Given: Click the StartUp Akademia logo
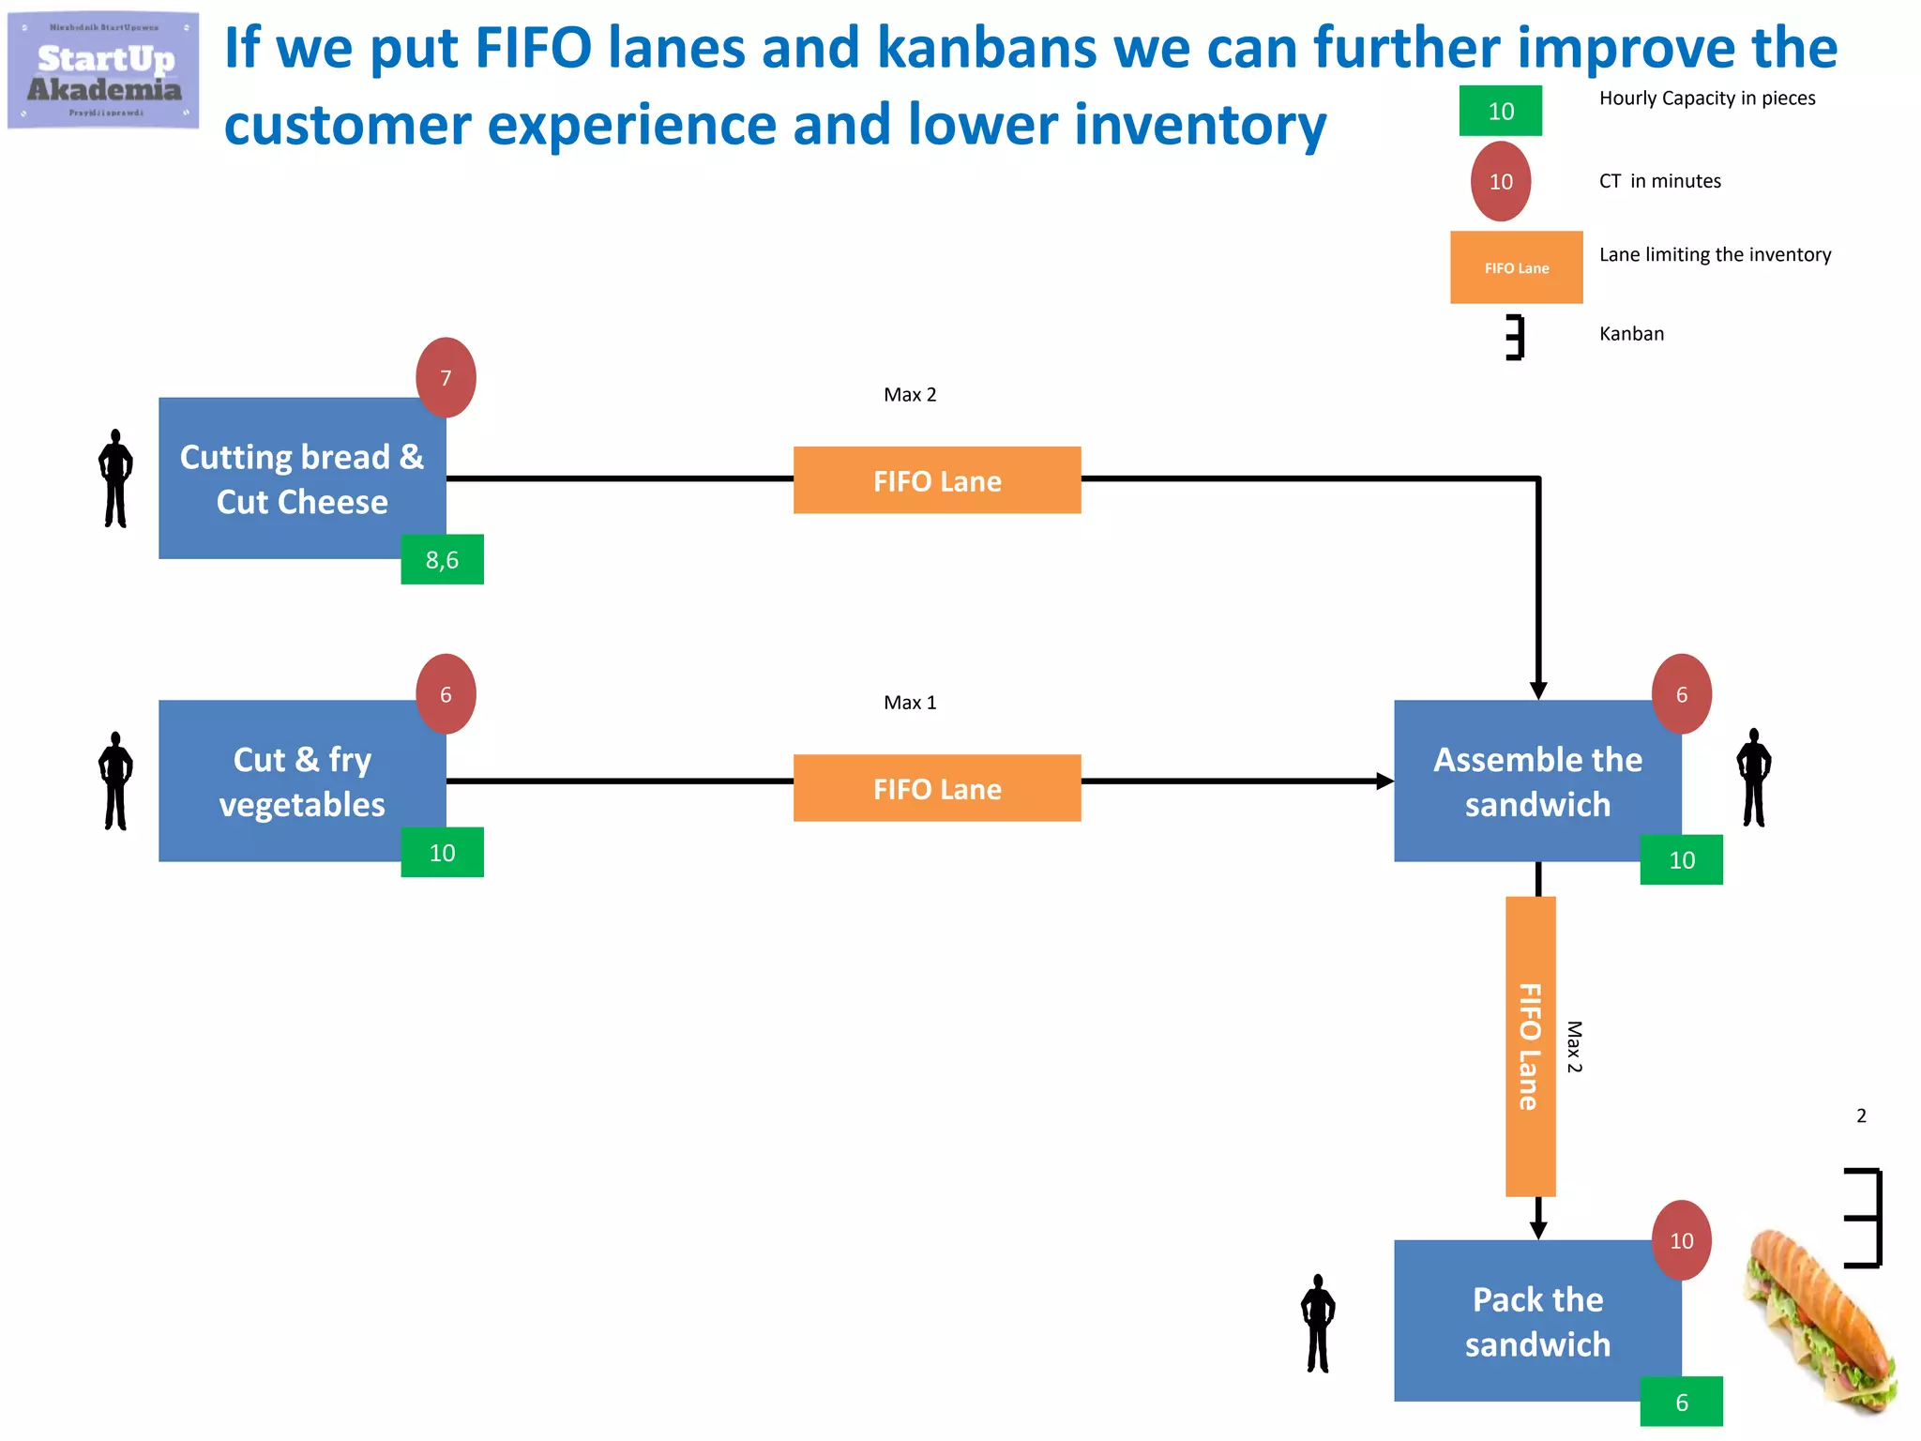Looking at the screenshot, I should [x=103, y=71].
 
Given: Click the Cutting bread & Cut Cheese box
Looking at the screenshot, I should [x=301, y=478].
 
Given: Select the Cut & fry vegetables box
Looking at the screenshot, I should [x=301, y=781].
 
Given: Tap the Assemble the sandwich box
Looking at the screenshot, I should [x=1536, y=781].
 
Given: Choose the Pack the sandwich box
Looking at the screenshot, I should [x=1536, y=1320].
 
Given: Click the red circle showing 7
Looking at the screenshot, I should [x=446, y=378].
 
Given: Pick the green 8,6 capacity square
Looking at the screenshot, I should [x=442, y=560].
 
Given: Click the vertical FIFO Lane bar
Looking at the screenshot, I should [x=1530, y=1046].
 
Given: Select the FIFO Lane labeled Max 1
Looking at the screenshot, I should [x=936, y=788].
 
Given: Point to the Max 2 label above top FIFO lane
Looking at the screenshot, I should [x=910, y=395].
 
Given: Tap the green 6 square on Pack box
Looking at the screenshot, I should [x=1681, y=1402].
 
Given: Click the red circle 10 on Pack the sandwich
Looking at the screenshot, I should [x=1681, y=1240].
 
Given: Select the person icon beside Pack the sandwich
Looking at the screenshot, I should [x=1318, y=1323].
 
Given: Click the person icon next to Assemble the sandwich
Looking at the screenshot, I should [x=1753, y=778].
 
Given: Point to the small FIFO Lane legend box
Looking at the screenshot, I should [x=1516, y=267].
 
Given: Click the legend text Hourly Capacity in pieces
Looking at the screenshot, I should [x=1706, y=99].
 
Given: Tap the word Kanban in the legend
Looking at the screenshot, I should [x=1631, y=334].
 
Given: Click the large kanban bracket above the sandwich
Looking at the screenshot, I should [x=1865, y=1218].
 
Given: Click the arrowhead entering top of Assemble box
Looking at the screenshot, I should [x=1538, y=690].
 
